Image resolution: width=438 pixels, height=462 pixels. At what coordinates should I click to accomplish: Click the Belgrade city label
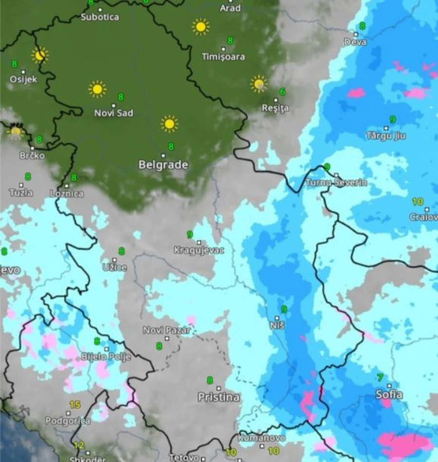click(x=163, y=165)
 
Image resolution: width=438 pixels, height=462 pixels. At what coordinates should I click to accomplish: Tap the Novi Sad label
click(x=113, y=113)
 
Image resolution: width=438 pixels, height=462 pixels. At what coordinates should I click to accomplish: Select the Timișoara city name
click(x=223, y=57)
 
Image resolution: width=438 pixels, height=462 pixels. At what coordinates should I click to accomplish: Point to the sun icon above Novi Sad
click(x=97, y=89)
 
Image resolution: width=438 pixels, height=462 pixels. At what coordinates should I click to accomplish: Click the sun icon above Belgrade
click(x=169, y=124)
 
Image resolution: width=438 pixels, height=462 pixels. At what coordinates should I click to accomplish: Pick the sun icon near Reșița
click(x=259, y=84)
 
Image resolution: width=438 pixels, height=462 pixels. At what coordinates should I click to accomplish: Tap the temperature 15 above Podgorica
click(x=74, y=405)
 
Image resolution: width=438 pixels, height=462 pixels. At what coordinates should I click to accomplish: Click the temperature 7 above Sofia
click(x=380, y=377)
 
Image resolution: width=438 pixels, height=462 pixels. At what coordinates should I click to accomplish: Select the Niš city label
click(x=276, y=326)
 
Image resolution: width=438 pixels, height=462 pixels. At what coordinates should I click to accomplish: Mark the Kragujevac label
click(x=199, y=250)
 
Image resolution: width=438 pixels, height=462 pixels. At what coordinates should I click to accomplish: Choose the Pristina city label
click(x=219, y=397)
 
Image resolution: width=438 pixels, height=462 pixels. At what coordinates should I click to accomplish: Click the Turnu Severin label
click(x=336, y=183)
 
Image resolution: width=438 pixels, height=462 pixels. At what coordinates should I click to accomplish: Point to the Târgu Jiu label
click(x=386, y=136)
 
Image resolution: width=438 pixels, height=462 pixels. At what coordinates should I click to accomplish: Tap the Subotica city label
click(x=100, y=17)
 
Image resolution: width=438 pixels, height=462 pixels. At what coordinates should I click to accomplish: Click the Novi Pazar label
click(x=167, y=331)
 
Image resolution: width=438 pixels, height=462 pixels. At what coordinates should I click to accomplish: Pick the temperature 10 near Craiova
click(x=418, y=201)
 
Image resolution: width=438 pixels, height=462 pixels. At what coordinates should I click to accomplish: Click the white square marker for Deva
click(x=356, y=35)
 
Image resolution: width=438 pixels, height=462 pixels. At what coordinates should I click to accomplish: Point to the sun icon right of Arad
click(x=200, y=27)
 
